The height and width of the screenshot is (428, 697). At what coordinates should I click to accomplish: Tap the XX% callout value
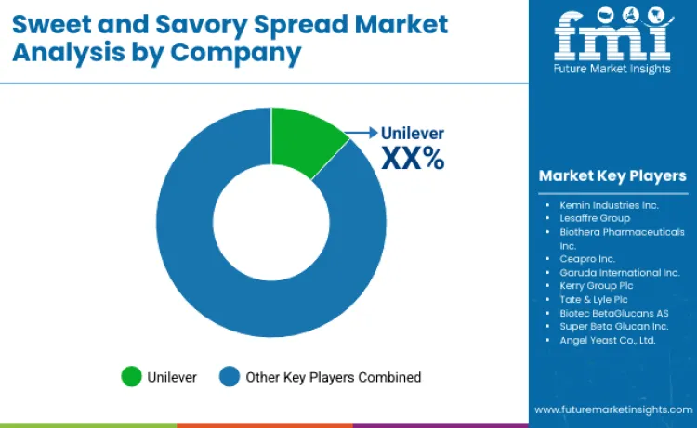click(x=413, y=159)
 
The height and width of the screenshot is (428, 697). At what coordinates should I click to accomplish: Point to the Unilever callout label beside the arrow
click(x=413, y=134)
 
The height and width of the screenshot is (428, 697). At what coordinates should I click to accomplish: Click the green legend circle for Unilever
click(x=132, y=377)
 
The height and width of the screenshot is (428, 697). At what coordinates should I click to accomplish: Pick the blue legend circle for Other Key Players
click(x=230, y=377)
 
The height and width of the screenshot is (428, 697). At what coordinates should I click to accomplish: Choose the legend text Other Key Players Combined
click(x=333, y=377)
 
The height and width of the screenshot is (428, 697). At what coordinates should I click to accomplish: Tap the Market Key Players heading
click(x=612, y=175)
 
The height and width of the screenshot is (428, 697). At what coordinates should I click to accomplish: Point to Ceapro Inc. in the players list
click(x=588, y=259)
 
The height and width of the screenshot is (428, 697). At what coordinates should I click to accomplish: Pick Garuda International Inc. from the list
click(x=613, y=273)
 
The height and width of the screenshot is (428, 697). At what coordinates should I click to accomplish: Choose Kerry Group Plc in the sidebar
click(x=597, y=286)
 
